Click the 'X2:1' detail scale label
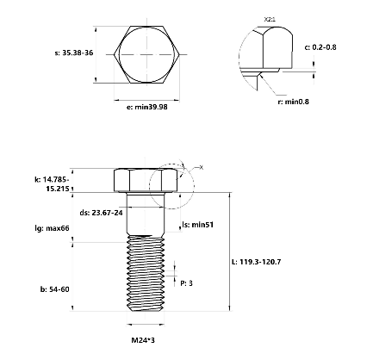pos(270,17)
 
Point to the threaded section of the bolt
pos(145,276)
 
